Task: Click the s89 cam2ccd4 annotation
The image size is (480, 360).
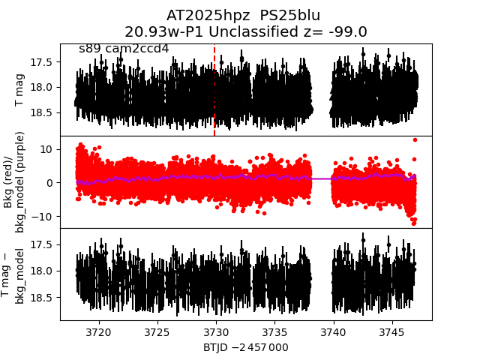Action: click(124, 49)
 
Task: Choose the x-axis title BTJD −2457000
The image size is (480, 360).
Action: click(246, 347)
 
